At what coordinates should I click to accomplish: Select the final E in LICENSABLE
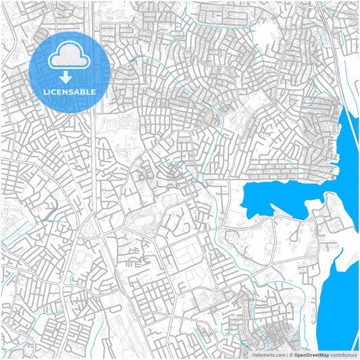[x=93, y=91]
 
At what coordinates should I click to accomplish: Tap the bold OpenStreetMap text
[x=311, y=354]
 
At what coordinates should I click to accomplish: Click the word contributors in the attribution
[x=342, y=354]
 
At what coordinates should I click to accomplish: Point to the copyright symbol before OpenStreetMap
[x=291, y=354]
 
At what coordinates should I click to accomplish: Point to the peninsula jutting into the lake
[x=331, y=203]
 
